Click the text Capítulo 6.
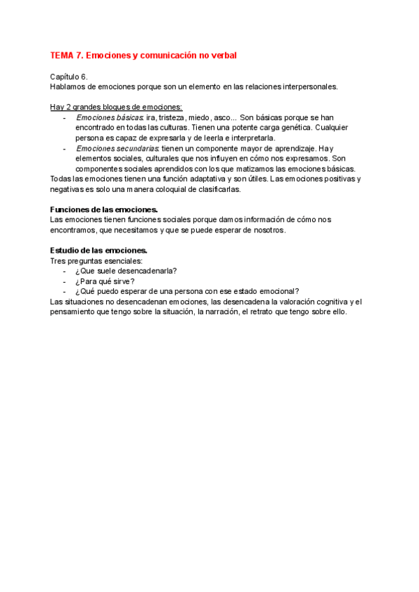point(69,77)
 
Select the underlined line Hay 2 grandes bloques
point(116,107)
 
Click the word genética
point(290,128)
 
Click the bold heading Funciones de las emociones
point(104,209)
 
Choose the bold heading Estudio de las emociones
point(98,250)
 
